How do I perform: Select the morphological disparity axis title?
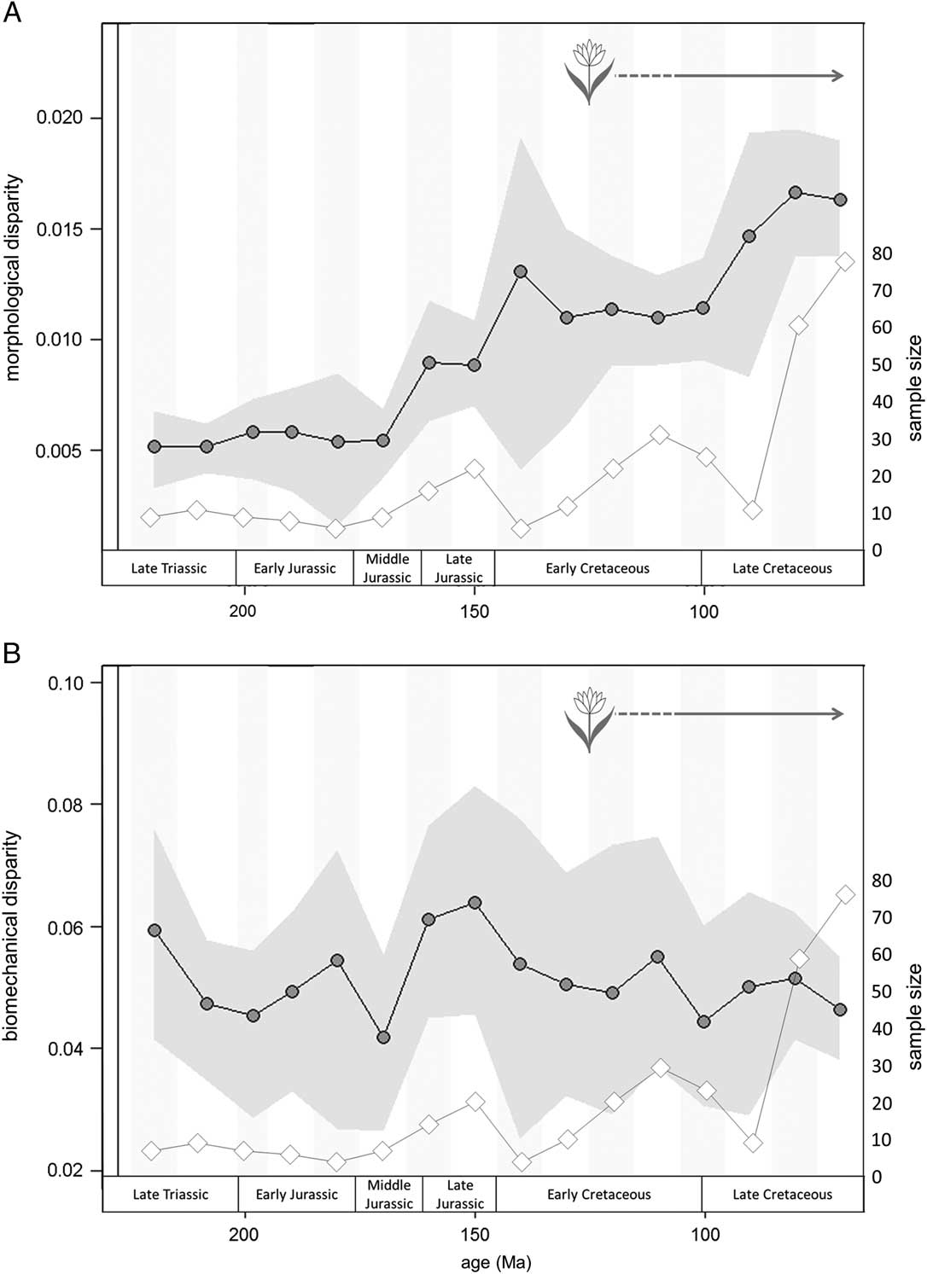pos(14,277)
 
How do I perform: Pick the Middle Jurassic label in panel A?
pos(388,568)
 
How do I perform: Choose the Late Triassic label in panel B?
pos(170,1195)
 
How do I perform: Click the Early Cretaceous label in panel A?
pos(598,568)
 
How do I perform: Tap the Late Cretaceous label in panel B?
pos(782,1195)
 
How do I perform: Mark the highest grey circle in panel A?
pos(796,193)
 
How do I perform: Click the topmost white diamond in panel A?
pos(845,261)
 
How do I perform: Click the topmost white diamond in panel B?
pos(845,894)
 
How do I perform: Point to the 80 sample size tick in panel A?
pos(882,253)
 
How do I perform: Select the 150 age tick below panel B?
pos(475,1235)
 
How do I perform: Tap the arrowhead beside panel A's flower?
pos(838,76)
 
